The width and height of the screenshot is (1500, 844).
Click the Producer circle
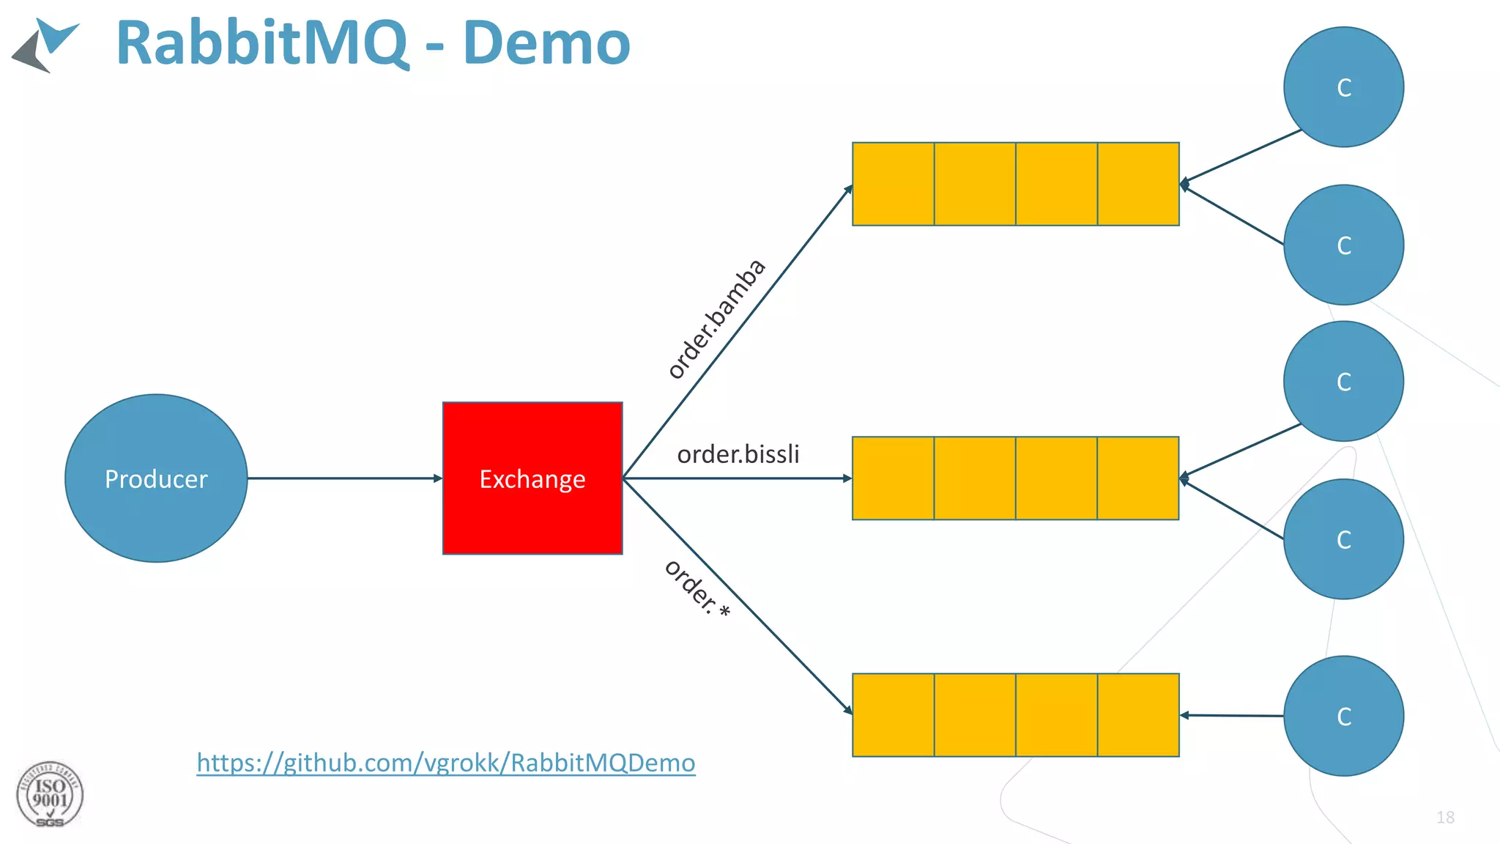[156, 478]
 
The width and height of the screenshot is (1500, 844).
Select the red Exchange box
[532, 478]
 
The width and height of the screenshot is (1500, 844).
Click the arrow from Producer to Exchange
[344, 478]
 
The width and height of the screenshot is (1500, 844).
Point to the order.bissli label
[738, 454]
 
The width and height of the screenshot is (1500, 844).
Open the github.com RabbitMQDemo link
[445, 763]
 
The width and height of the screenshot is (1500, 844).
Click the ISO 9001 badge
[50, 795]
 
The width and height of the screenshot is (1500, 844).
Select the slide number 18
[1445, 817]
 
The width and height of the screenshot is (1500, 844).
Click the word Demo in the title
[546, 43]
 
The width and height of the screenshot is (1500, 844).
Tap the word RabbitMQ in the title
[261, 43]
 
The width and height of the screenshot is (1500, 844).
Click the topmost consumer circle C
[1343, 87]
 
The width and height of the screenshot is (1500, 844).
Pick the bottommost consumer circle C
[1343, 716]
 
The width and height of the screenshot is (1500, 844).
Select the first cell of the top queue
[894, 184]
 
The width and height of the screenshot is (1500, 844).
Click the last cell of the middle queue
[1138, 478]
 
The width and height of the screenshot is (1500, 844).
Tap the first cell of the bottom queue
[894, 715]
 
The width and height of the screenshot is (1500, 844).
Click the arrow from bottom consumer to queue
[1232, 715]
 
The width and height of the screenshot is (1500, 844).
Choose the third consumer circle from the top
[1343, 381]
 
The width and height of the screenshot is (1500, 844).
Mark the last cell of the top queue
[1138, 184]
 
